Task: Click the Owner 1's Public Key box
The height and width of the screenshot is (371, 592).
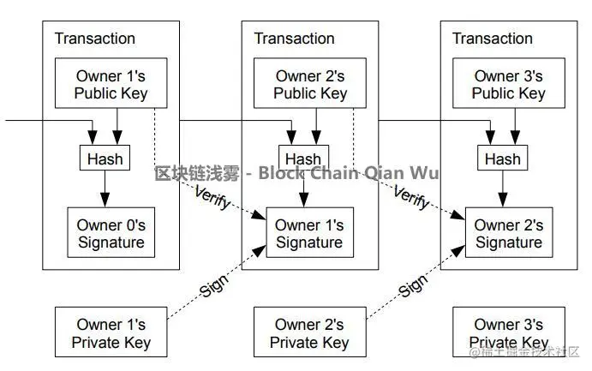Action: (x=111, y=85)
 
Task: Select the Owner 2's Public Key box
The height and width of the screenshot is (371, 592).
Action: (x=310, y=85)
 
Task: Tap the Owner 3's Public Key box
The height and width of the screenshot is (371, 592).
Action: (x=508, y=85)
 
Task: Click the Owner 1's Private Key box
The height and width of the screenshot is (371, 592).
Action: (x=111, y=333)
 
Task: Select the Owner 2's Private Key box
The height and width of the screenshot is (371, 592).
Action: (x=310, y=333)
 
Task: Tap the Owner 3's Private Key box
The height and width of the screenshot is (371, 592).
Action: (x=508, y=333)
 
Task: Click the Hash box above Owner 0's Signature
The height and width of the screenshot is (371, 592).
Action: (x=105, y=158)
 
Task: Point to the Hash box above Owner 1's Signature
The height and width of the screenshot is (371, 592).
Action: (x=303, y=159)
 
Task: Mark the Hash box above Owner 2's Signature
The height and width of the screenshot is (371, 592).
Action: (x=502, y=159)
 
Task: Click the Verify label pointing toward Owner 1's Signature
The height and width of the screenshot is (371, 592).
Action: (x=211, y=195)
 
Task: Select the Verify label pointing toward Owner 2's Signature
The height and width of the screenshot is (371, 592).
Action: (x=410, y=195)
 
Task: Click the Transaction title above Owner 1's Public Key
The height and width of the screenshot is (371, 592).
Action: (x=95, y=39)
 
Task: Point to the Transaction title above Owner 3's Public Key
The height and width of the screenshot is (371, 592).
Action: (x=492, y=39)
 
